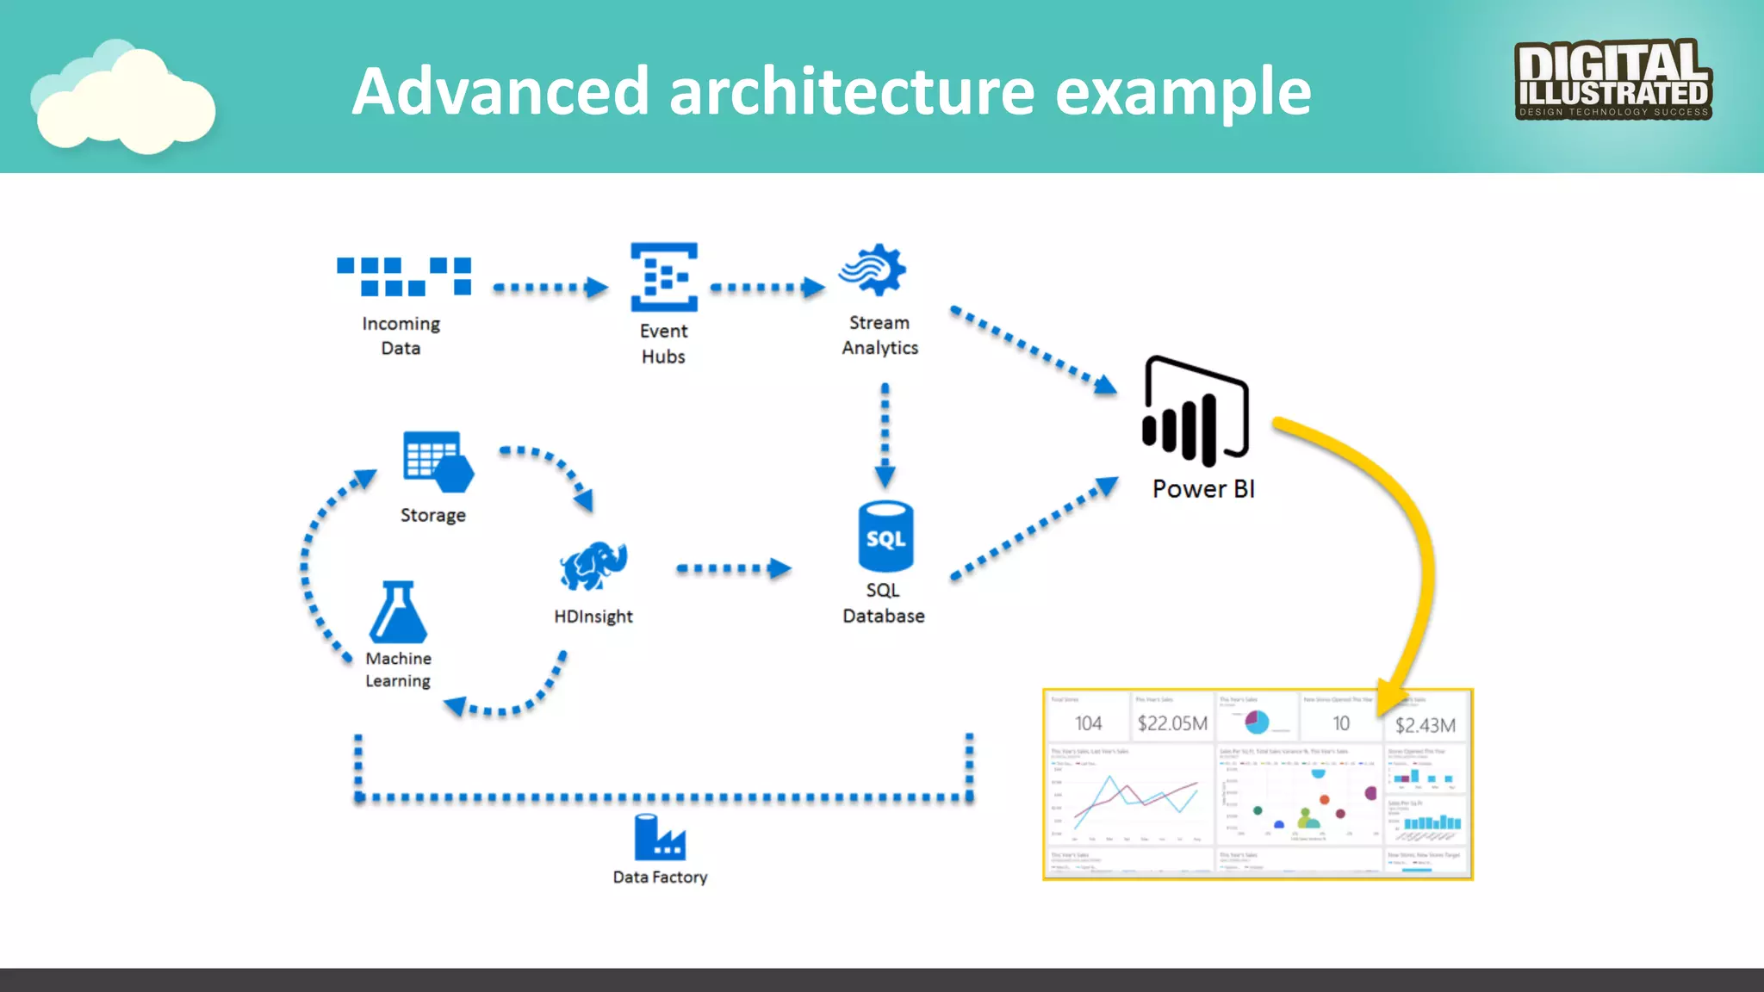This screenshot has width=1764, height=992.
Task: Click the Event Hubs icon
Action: point(663,276)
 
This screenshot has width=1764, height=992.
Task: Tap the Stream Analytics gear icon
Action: point(873,270)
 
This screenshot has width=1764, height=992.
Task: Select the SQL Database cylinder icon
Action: point(885,536)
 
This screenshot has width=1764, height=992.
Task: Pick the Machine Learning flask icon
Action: point(398,613)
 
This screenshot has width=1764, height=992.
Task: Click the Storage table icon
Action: point(437,462)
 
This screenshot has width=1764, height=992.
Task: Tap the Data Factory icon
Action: point(660,837)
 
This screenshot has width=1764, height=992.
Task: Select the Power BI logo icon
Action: point(1196,411)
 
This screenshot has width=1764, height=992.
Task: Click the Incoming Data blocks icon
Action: point(404,276)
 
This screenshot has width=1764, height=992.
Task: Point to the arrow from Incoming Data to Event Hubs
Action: point(550,287)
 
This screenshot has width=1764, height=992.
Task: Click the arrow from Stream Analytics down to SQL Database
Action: point(885,435)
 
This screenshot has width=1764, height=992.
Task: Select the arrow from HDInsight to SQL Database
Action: point(732,568)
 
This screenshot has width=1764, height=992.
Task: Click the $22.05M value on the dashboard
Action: point(1171,723)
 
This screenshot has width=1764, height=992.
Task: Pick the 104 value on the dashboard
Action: point(1088,723)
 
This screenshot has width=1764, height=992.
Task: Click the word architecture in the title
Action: point(851,91)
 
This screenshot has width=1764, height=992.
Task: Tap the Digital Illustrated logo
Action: point(1612,79)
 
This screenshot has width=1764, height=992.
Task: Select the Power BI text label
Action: point(1203,489)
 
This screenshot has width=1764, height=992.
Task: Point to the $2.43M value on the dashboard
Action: point(1425,725)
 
